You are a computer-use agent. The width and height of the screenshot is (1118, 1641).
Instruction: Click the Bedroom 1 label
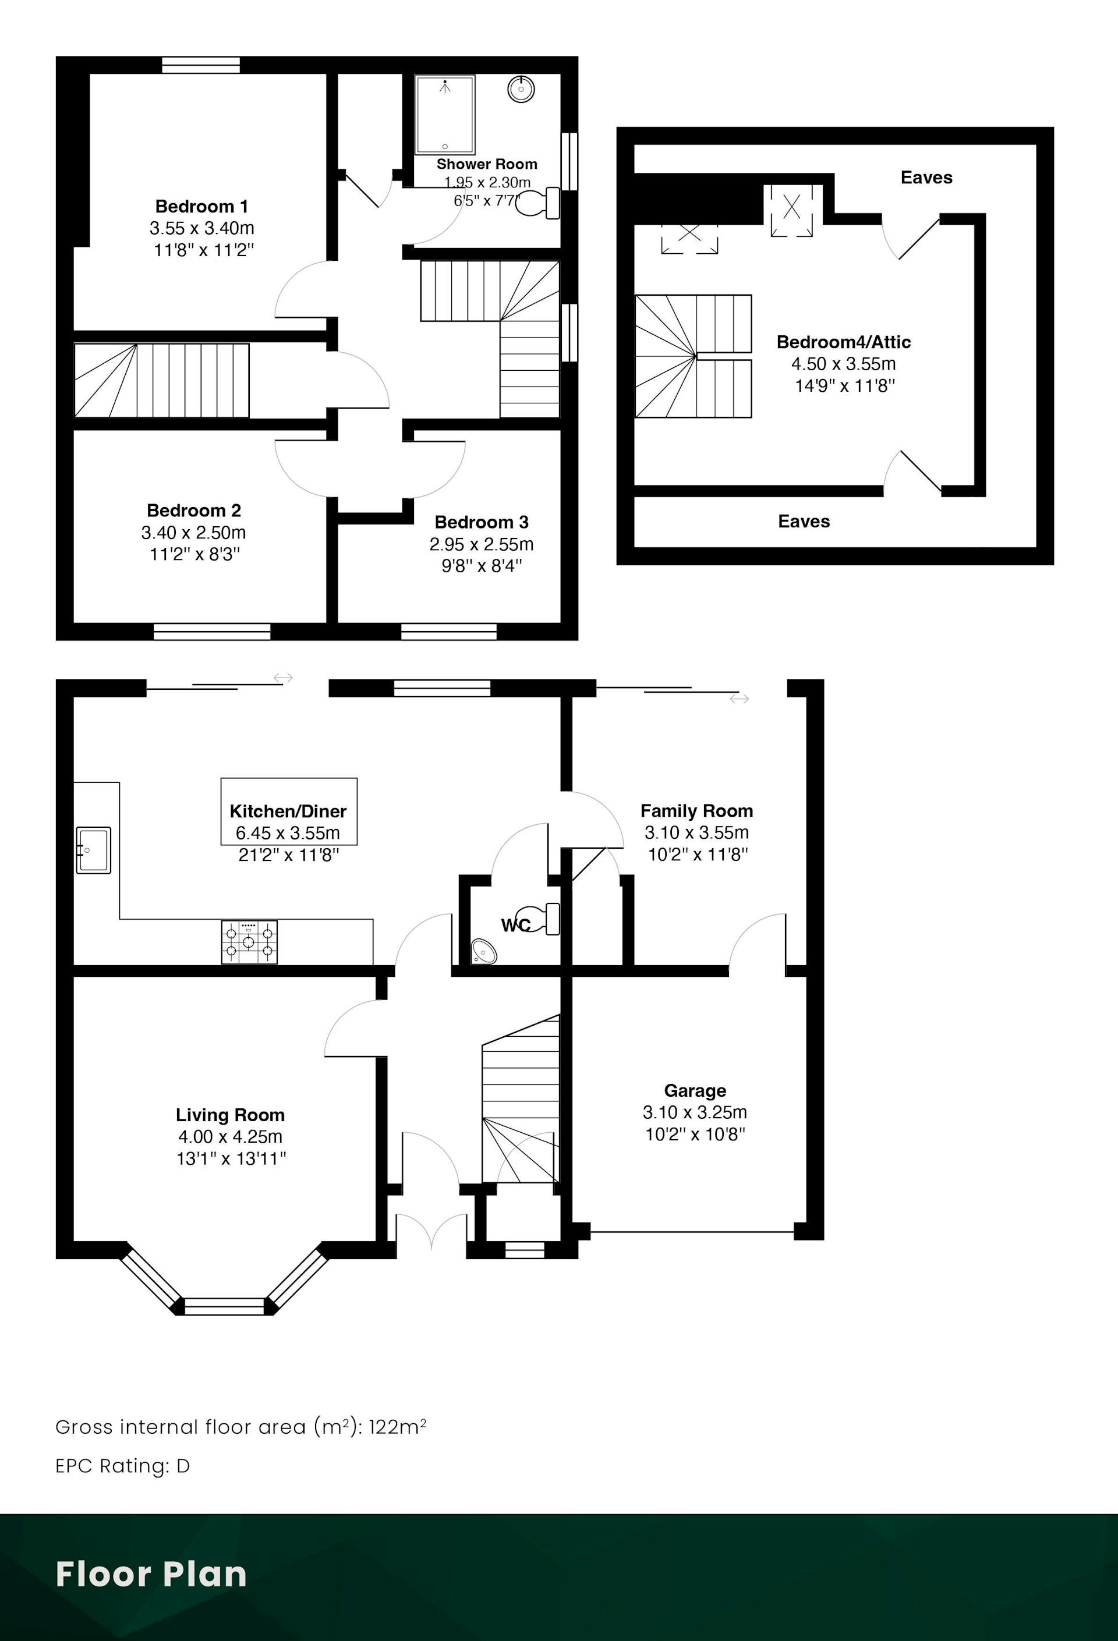tap(202, 207)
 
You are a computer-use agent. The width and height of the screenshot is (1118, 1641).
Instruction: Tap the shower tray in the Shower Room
tap(445, 115)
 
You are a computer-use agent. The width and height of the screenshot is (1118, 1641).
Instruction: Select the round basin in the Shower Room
tap(521, 89)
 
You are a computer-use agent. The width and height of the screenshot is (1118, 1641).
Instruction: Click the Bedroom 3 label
tap(482, 523)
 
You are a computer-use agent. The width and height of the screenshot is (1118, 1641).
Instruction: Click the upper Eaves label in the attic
tap(926, 178)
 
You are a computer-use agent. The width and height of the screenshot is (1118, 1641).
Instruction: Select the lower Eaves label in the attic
tap(804, 522)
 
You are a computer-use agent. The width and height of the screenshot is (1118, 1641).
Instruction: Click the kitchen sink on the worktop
tap(94, 850)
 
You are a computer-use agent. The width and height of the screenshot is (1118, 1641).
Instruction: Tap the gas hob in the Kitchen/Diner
tap(249, 942)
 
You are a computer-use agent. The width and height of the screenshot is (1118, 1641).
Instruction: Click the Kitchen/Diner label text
tap(288, 812)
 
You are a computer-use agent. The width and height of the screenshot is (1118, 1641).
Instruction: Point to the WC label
tap(515, 925)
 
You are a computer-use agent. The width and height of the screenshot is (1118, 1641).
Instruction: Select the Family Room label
tap(697, 811)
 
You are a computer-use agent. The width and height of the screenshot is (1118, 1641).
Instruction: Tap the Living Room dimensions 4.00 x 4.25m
tap(230, 1137)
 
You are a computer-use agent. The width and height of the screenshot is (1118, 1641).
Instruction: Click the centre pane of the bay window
tap(225, 1307)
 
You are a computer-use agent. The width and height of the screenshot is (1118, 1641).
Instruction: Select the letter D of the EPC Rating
tap(183, 1466)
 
